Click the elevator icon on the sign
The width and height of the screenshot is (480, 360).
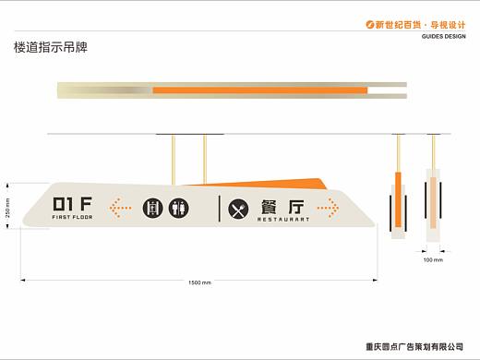(x=152, y=209)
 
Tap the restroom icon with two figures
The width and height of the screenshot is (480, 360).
(x=179, y=209)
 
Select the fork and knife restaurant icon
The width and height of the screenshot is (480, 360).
(x=238, y=209)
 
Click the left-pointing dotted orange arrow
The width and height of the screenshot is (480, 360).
(x=120, y=209)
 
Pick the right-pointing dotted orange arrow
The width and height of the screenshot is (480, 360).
(x=329, y=208)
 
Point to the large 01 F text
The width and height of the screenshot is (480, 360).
(x=72, y=204)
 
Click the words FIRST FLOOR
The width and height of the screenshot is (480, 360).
(x=72, y=217)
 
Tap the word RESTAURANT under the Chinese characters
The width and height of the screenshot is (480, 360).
(x=283, y=220)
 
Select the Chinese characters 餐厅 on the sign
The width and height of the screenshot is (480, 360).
(x=282, y=207)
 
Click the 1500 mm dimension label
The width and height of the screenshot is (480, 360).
(x=199, y=282)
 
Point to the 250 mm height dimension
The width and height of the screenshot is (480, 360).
(x=7, y=208)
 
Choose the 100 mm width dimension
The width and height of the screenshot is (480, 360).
(x=433, y=260)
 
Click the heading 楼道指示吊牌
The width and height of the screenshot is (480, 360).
(x=51, y=47)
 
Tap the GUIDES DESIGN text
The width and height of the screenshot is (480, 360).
(x=444, y=36)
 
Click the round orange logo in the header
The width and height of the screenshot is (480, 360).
(x=370, y=24)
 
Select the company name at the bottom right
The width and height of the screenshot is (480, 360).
(x=414, y=347)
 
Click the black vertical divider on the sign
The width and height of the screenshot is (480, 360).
(x=220, y=209)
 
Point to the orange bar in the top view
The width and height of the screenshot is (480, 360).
(x=260, y=90)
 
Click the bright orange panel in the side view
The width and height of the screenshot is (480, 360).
(x=398, y=199)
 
